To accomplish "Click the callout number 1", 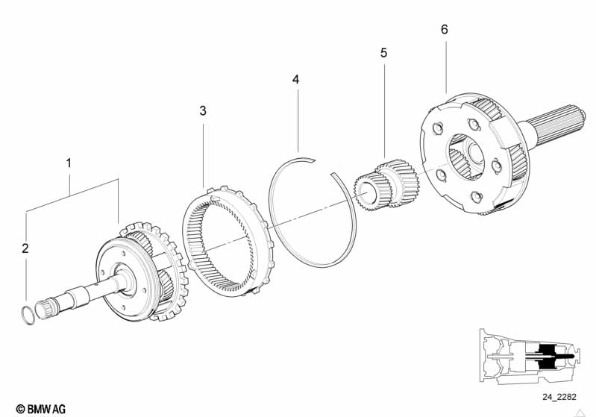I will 69,162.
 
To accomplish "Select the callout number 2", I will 25,248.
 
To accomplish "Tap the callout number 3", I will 203,111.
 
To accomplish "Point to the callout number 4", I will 296,78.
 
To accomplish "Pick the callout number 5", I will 383,53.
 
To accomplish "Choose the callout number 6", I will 445,30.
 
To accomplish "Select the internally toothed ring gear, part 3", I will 228,238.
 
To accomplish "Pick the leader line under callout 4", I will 297,119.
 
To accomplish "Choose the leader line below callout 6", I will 446,67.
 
